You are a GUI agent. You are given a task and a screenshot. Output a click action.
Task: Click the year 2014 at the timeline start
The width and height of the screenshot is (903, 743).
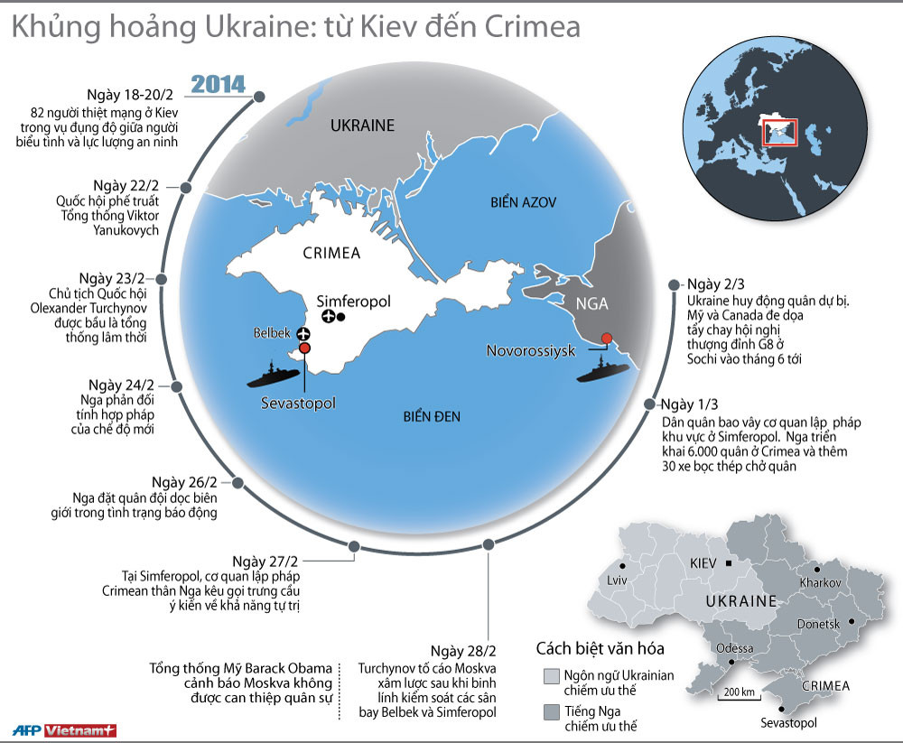[x=219, y=85]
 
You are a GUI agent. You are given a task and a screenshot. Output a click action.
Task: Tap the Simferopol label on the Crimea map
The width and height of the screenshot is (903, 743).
[x=353, y=301]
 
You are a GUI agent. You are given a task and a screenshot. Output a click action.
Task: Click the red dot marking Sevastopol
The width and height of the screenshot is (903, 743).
[x=304, y=348]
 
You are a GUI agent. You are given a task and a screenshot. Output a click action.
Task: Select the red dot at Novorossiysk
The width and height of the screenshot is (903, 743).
[x=607, y=338]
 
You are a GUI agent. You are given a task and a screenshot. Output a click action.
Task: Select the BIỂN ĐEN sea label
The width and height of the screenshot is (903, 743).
[x=431, y=416]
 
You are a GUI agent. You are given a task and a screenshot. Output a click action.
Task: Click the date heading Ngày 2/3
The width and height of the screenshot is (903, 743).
[x=712, y=283]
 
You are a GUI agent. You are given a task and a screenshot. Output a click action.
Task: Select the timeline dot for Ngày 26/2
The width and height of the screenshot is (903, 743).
[x=237, y=483]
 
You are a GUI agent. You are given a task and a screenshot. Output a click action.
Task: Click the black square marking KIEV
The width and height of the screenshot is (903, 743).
[x=729, y=562]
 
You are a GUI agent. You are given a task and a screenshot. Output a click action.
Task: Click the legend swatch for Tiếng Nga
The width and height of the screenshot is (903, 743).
[x=551, y=713]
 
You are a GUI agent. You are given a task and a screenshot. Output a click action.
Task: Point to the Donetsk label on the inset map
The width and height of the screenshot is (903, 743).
[x=818, y=624]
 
